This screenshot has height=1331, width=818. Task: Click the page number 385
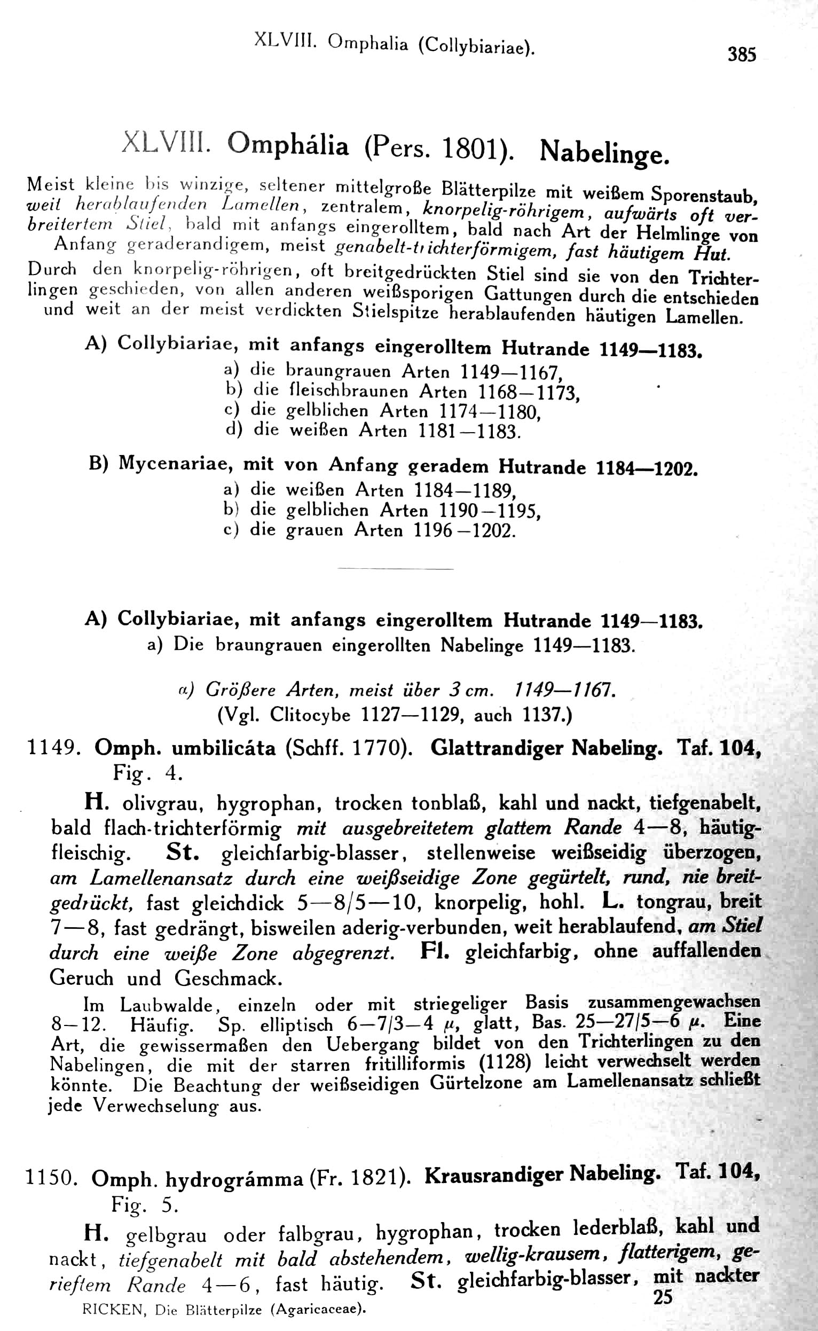741,54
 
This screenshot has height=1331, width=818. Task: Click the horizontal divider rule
395,569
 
